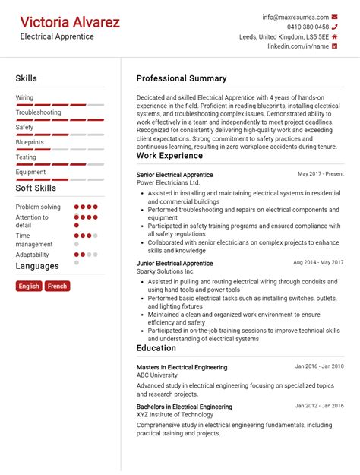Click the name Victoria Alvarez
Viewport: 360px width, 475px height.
point(70,22)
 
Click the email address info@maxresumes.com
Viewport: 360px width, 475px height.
point(295,17)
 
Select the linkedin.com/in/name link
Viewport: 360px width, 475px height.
point(298,46)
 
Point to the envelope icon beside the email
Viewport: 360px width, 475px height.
point(336,17)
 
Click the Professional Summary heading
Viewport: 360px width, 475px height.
point(182,78)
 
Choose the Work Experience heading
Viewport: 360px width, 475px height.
point(169,156)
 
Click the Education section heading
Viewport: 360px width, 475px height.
point(156,348)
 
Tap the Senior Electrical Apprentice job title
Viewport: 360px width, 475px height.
point(175,174)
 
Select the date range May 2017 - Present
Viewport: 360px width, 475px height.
point(321,174)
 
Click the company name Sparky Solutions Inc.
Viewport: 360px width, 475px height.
point(166,271)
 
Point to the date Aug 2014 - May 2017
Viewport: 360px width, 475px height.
point(318,263)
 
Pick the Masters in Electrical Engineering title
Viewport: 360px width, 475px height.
point(182,367)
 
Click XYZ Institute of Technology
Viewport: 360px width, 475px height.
point(175,415)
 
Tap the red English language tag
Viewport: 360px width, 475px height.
point(29,287)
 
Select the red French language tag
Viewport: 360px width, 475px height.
point(57,287)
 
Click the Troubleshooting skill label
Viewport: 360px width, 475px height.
point(38,112)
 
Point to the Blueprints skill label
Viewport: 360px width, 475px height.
point(30,142)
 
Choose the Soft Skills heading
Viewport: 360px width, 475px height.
point(36,188)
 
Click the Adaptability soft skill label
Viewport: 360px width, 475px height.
point(33,255)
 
